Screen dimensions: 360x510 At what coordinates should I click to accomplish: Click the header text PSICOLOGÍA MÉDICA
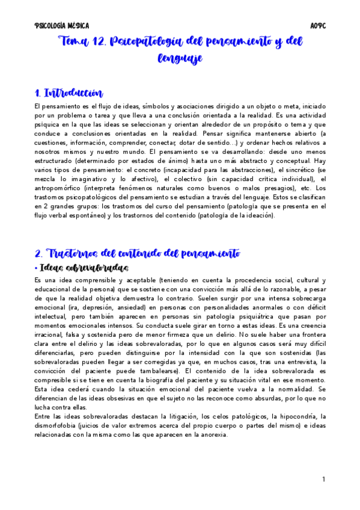pos(62,26)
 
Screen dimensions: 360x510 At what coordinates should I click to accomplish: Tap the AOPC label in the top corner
pos(317,26)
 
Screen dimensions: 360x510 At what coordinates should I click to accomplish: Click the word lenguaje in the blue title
pos(180,58)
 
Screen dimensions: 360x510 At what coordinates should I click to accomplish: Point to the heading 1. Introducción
pos(69,93)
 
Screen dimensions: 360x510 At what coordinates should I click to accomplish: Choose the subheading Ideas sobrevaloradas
pos(85,267)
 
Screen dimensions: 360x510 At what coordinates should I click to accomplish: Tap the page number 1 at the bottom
pos(323,479)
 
